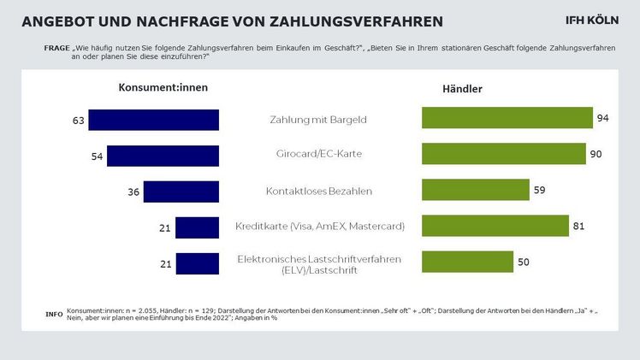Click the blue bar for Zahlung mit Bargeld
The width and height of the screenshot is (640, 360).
(154, 120)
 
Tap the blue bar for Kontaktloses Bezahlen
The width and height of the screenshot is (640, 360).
(181, 192)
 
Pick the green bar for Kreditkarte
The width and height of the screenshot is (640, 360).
(495, 226)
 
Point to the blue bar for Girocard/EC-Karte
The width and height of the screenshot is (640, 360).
(163, 156)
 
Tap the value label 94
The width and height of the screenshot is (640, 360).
(602, 118)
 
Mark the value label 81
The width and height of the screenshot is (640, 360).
(578, 226)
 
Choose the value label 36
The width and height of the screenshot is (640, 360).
(133, 192)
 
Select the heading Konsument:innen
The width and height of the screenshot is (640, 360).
(163, 86)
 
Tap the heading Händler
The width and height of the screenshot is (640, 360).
(463, 88)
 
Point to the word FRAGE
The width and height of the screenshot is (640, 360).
(56, 47)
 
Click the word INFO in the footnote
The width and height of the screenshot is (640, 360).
(53, 315)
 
